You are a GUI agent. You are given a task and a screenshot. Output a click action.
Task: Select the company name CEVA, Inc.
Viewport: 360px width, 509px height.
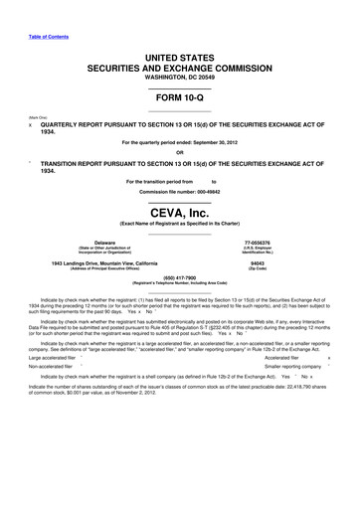click(x=179, y=212)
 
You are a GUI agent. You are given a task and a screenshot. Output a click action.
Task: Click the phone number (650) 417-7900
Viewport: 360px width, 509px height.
click(x=179, y=277)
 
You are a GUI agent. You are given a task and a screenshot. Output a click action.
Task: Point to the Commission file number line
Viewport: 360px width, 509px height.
click(x=179, y=192)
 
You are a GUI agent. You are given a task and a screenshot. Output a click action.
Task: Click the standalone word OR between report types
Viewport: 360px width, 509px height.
click(x=179, y=152)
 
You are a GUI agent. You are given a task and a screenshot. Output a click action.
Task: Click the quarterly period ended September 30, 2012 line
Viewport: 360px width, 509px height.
click(x=179, y=143)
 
